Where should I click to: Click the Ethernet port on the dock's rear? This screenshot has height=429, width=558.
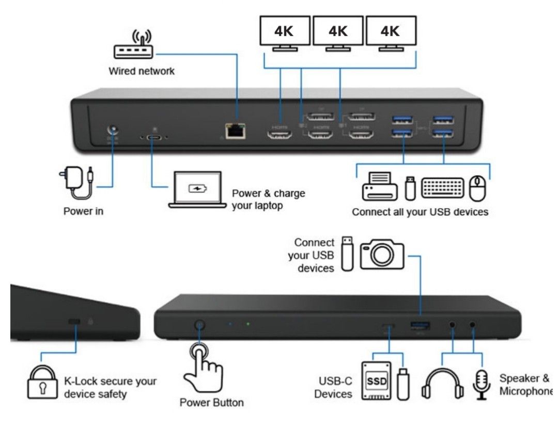tap(236, 131)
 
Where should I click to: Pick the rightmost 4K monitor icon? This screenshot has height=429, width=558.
tap(391, 34)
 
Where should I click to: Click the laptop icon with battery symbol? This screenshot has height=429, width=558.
tap(196, 190)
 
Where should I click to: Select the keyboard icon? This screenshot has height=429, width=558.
tap(442, 188)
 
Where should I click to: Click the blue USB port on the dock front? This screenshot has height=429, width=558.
tap(420, 326)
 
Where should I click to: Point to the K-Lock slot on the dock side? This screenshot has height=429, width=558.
tap(74, 322)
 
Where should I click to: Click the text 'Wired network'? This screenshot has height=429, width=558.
tap(141, 71)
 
